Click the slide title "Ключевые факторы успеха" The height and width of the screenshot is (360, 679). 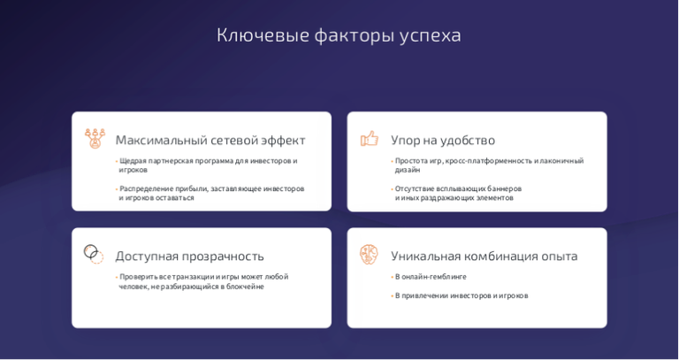(x=339, y=36)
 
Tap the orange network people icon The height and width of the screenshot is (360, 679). (x=95, y=138)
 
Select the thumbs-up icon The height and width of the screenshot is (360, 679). (x=370, y=139)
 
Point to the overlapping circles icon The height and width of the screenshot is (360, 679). (x=94, y=254)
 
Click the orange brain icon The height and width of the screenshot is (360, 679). (x=369, y=255)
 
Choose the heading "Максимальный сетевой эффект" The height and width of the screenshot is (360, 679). (x=210, y=141)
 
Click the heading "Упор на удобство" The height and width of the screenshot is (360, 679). (x=443, y=141)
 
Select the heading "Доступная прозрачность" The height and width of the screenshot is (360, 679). (x=190, y=256)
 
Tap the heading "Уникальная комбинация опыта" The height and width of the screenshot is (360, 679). (x=484, y=256)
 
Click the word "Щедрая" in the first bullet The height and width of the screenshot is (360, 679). (x=133, y=161)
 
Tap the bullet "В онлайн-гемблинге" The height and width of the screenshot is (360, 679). (x=431, y=277)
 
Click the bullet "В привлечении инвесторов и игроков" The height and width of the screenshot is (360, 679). (x=462, y=296)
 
